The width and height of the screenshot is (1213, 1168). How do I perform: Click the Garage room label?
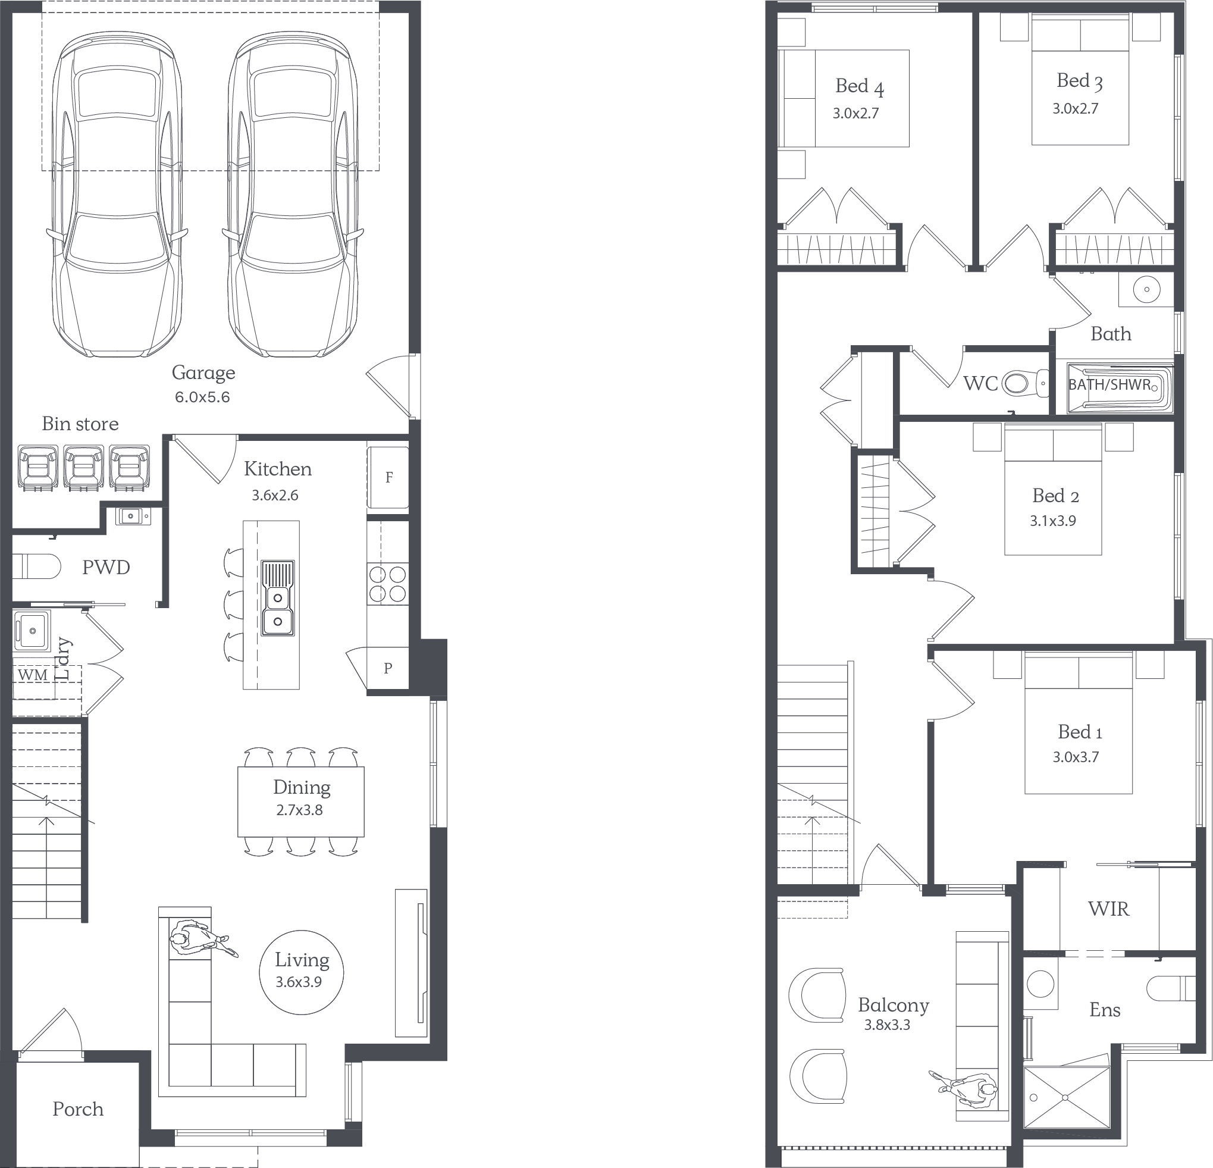coord(203,372)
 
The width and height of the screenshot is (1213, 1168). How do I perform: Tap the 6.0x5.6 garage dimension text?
coord(202,397)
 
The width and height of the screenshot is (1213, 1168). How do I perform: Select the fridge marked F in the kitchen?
coord(388,477)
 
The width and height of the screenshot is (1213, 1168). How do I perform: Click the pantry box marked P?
coord(388,668)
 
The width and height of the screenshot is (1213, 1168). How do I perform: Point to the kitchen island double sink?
coord(278,598)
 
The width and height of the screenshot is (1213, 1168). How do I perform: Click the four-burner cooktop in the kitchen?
coord(387,584)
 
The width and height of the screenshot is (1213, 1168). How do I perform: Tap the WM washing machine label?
coord(33,675)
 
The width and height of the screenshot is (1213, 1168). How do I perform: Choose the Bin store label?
coord(80,424)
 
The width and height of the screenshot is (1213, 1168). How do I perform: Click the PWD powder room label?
coord(106,567)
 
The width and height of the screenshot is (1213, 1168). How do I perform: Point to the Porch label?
coord(78,1109)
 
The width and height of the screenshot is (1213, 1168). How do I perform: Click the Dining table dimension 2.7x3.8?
coord(300,810)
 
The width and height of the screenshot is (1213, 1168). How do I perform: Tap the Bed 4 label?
coord(860,87)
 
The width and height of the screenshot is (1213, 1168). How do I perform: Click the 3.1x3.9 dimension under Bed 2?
coord(1053,521)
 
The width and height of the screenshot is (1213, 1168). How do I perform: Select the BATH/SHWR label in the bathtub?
coord(1109,384)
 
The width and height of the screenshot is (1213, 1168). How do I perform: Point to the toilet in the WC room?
coord(1025,384)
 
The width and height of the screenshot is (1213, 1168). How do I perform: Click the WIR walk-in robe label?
coord(1108,909)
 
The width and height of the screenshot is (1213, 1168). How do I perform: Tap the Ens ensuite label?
coord(1105,1010)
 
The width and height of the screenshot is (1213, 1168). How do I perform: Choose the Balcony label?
coord(893,1005)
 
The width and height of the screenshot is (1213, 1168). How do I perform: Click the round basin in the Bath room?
coord(1147,289)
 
